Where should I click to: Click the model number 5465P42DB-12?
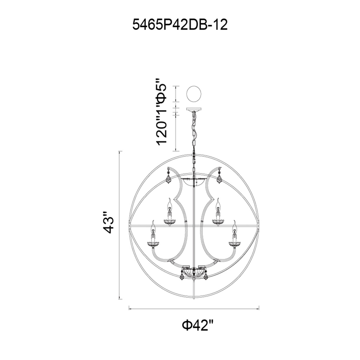[180, 25]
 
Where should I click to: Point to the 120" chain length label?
[162, 133]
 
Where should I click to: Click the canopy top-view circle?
[194, 94]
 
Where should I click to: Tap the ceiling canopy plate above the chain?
[194, 109]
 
